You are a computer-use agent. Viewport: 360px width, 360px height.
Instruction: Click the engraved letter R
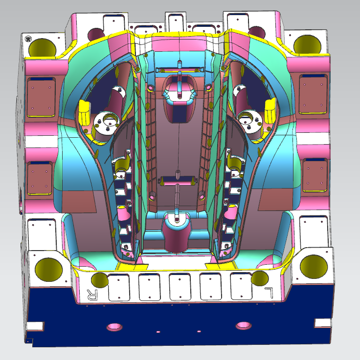click(x=92, y=295)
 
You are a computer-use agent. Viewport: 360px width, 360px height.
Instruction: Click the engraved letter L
click(x=269, y=293)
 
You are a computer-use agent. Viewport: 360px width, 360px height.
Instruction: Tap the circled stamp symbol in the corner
click(x=28, y=39)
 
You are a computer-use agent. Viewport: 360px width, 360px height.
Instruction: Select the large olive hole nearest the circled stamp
click(x=42, y=48)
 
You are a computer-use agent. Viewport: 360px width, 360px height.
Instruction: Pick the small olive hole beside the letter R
click(x=100, y=280)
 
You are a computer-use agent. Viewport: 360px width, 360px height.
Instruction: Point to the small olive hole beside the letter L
click(x=260, y=278)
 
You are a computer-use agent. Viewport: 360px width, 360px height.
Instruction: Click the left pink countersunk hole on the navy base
click(x=114, y=327)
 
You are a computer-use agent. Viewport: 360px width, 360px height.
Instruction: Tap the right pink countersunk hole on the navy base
click(x=244, y=325)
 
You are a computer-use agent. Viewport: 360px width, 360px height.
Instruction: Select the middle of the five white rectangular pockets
click(x=180, y=287)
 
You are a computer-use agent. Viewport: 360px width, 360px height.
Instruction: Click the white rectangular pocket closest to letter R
click(x=119, y=287)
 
